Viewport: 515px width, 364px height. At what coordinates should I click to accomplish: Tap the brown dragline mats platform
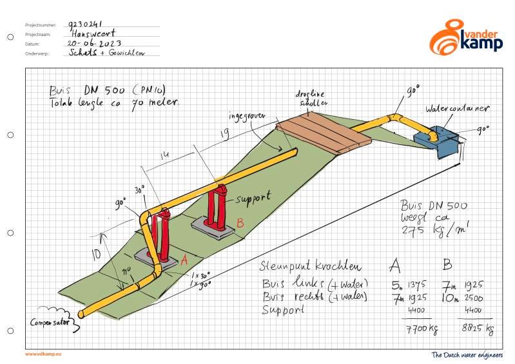326,132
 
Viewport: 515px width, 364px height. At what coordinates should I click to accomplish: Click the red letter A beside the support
183,260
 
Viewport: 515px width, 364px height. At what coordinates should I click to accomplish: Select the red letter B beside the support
240,223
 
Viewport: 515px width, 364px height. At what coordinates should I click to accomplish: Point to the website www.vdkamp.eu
44,354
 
